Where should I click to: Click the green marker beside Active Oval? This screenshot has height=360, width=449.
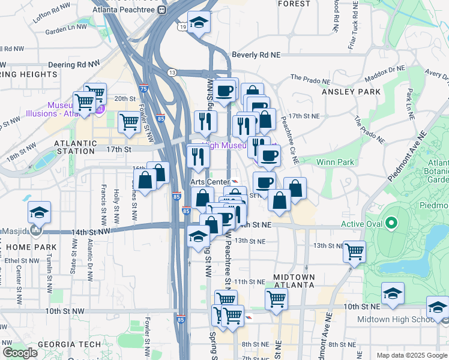click(x=392, y=224)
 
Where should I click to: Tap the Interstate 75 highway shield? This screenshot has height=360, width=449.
click(x=144, y=88)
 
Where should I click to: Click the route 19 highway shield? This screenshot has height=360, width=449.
click(x=182, y=26)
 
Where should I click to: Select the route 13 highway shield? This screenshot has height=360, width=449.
click(x=172, y=73)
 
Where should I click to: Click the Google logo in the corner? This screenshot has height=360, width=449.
click(x=20, y=353)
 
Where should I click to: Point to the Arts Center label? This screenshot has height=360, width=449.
click(x=210, y=182)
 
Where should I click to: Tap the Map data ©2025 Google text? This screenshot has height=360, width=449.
click(x=412, y=355)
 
